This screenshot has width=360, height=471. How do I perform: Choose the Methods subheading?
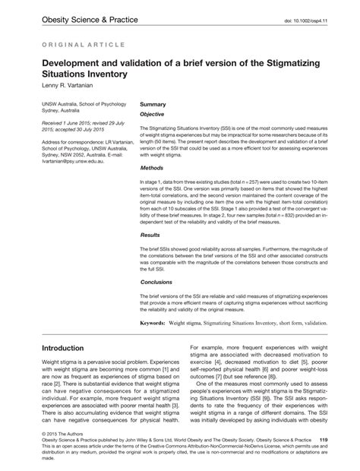pyautogui.click(x=153, y=168)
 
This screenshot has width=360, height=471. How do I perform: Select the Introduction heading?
pyautogui.click(x=73, y=349)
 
